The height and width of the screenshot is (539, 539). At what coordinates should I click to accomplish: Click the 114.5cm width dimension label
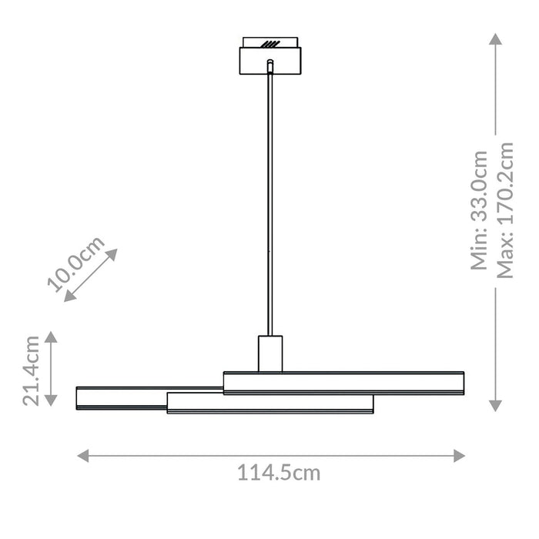[278, 474]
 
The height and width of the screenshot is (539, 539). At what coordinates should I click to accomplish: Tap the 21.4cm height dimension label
[32, 369]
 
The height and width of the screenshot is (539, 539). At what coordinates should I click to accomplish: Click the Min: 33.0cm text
[480, 209]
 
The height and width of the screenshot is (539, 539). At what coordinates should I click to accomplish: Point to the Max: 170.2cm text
[504, 209]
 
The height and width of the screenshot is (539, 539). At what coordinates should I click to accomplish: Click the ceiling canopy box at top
[269, 60]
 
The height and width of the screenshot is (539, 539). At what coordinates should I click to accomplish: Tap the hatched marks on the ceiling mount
[269, 43]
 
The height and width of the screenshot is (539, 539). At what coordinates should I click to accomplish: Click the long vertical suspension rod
[269, 200]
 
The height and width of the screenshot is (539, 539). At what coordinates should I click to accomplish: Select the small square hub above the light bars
[269, 353]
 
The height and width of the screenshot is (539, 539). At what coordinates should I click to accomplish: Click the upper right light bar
[344, 383]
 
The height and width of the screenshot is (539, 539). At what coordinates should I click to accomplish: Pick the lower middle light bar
[269, 403]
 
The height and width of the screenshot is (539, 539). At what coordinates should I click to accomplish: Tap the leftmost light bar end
[79, 398]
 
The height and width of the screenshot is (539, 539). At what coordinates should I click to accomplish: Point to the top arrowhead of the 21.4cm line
[51, 336]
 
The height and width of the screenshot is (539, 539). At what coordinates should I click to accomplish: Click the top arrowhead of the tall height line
[496, 38]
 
